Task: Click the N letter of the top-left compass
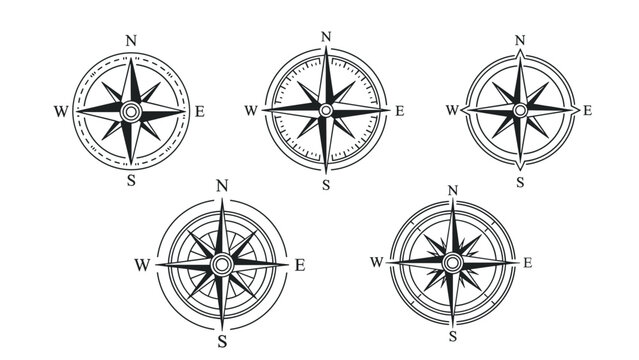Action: (x=131, y=40)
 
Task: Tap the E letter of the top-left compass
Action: (x=200, y=111)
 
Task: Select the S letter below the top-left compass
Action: (x=132, y=181)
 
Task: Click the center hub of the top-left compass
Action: (x=131, y=111)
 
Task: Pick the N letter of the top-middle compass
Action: (x=326, y=38)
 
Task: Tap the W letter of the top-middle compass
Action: (x=251, y=110)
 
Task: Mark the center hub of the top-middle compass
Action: (x=326, y=110)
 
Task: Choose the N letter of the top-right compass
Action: (x=519, y=40)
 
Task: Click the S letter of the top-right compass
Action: (x=519, y=181)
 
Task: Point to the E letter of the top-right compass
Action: (x=587, y=110)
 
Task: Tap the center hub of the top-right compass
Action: (x=519, y=110)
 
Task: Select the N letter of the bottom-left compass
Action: (x=222, y=185)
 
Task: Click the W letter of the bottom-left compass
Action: (x=141, y=265)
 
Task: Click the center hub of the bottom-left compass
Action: (x=222, y=264)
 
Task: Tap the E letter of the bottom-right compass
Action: (x=528, y=262)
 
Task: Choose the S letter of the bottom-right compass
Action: (x=452, y=335)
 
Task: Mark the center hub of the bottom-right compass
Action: (x=452, y=262)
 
